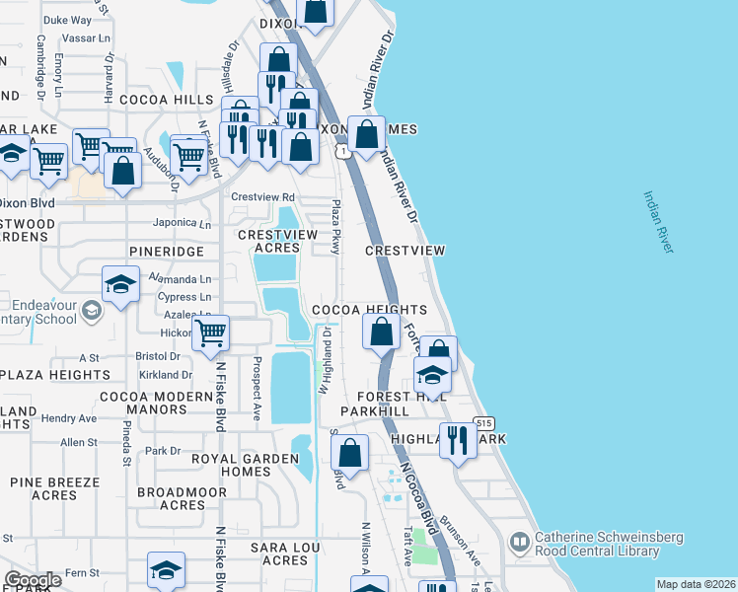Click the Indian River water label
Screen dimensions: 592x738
coord(658,222)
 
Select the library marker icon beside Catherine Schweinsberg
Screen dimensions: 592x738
coord(519,542)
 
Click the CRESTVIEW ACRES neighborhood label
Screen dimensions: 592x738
coord(277,241)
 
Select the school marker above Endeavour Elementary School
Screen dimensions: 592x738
coord(120,285)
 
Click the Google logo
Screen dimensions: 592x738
coord(33,580)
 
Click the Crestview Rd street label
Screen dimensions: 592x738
coord(262,197)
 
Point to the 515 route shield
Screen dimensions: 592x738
coord(482,422)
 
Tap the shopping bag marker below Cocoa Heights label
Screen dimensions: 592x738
coord(381,332)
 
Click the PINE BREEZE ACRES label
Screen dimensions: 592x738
coord(54,489)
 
